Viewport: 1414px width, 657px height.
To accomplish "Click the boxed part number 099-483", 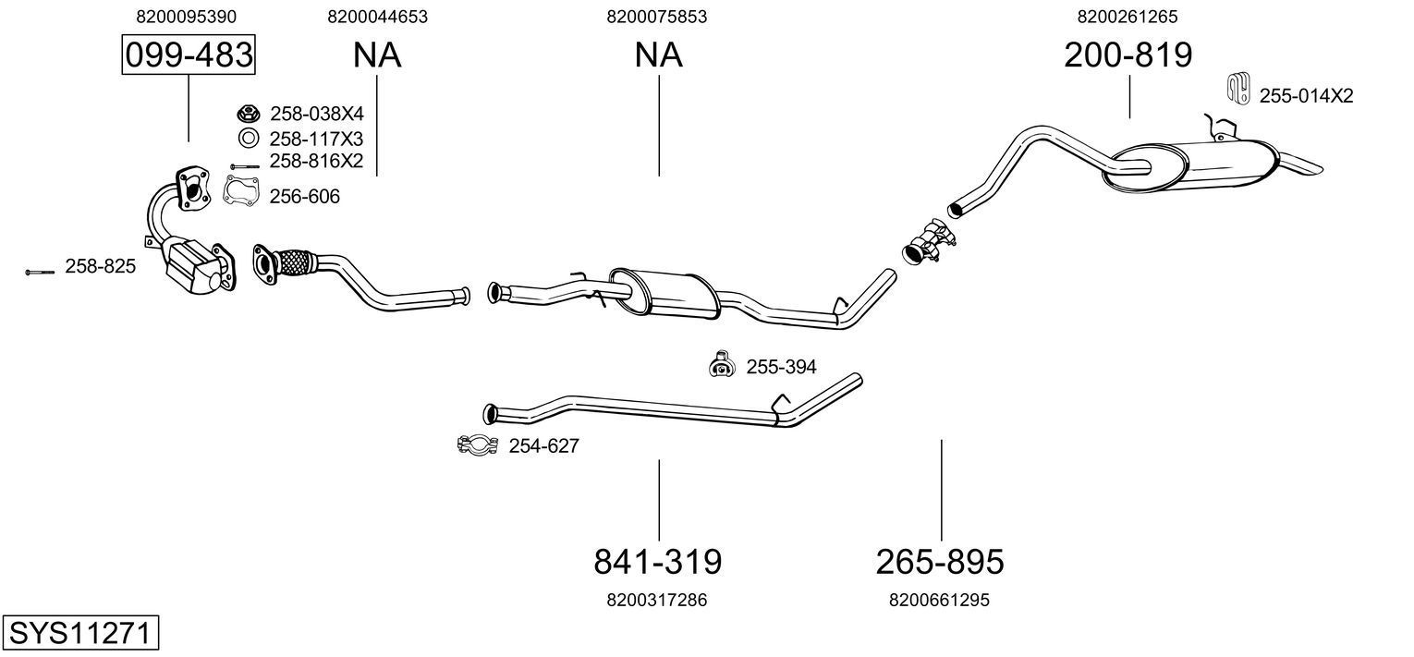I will (189, 55).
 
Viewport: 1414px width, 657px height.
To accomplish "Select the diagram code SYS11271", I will (79, 634).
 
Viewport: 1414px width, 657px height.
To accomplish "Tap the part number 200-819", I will (1128, 55).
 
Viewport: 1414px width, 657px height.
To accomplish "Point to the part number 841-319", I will (657, 561).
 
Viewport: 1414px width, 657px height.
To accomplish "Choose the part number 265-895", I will (939, 561).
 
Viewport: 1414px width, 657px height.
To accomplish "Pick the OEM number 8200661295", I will (939, 600).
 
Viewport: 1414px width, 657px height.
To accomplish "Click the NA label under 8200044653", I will (377, 55).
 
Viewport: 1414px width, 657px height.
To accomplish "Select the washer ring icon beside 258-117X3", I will (248, 139).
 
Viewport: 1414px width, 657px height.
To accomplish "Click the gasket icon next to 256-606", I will (242, 190).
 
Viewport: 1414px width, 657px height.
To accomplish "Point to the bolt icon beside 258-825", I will (39, 272).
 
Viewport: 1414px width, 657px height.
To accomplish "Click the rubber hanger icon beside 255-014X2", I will (1237, 88).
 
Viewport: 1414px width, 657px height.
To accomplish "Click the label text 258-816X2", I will (316, 161).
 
